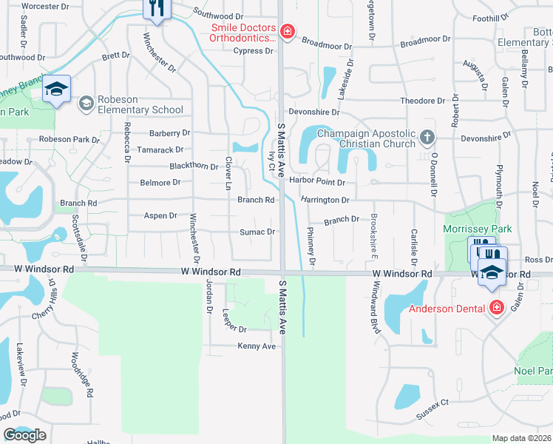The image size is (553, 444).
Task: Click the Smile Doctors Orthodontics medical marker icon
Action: (x=287, y=31)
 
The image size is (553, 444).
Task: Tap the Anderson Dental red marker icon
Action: (x=497, y=306)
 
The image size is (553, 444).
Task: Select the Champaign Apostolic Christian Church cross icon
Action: (x=427, y=137)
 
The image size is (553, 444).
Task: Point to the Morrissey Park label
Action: (x=476, y=229)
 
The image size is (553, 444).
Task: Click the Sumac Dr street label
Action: (x=257, y=232)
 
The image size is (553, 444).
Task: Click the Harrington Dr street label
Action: (x=325, y=200)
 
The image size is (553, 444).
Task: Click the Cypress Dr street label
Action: (x=254, y=51)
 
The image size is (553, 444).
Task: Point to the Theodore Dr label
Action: (x=422, y=100)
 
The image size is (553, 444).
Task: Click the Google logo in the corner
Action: (x=24, y=435)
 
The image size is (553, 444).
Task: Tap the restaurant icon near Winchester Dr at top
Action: (x=157, y=9)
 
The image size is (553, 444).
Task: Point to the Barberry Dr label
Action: (x=170, y=133)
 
